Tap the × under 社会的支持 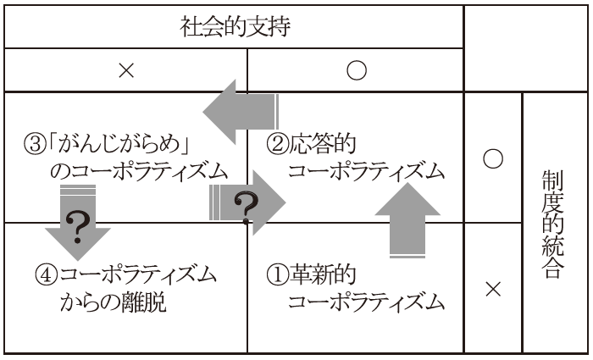[126, 71]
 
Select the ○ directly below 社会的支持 [356, 71]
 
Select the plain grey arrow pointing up [408, 221]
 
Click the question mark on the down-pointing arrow [78, 228]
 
